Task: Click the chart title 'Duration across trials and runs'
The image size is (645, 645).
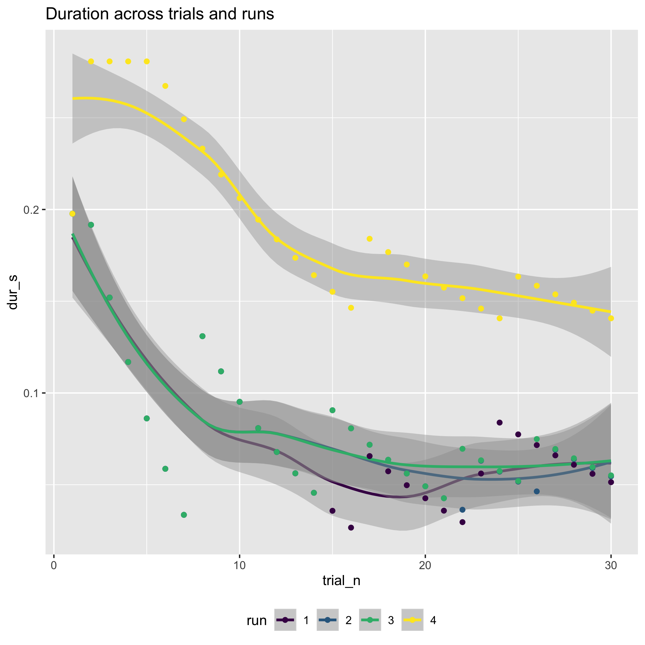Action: (x=160, y=14)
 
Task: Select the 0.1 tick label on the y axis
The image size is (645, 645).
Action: (x=32, y=393)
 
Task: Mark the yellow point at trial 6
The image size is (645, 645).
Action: (x=165, y=86)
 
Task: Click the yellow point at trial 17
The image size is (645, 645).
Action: (x=369, y=239)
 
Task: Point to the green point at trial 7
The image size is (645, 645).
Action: (x=184, y=515)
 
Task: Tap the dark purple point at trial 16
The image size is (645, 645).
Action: (x=351, y=527)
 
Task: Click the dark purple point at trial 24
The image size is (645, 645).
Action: (x=499, y=423)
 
